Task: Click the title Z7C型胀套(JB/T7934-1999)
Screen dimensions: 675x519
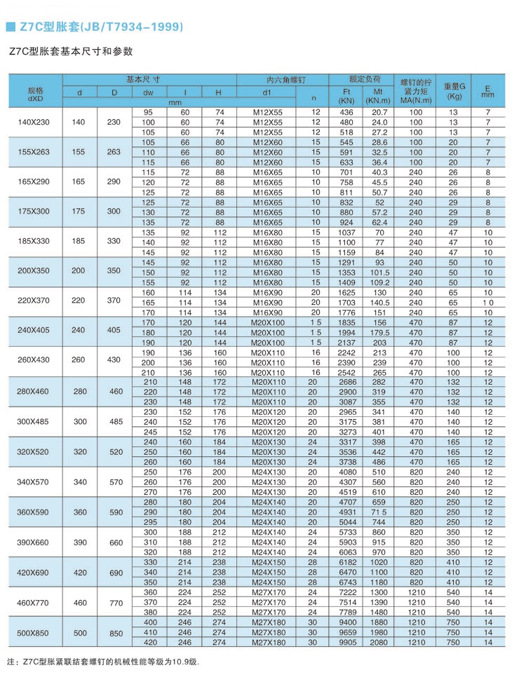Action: click(99, 27)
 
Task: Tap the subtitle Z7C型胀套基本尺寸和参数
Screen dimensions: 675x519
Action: click(70, 52)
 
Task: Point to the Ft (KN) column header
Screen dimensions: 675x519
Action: click(346, 96)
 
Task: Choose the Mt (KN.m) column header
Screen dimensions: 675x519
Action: click(378, 96)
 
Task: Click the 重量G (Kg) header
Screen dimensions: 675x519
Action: click(454, 91)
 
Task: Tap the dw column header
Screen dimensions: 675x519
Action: click(148, 93)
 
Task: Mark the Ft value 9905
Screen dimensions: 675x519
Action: click(346, 643)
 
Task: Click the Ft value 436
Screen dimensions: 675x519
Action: click(346, 112)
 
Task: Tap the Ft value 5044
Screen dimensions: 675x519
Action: click(346, 523)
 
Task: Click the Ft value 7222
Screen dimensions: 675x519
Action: click(346, 593)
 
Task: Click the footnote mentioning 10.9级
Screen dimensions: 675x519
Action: click(102, 662)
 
